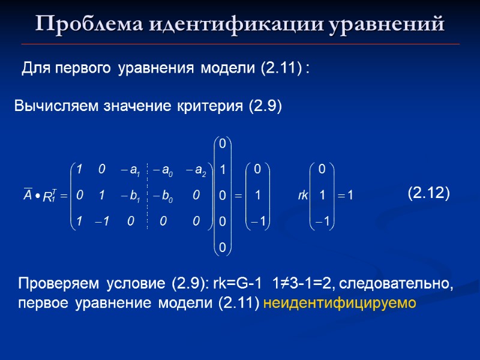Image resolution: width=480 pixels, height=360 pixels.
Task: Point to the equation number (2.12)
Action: pyautogui.click(x=428, y=193)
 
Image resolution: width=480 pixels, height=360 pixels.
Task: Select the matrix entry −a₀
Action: pyautogui.click(x=163, y=170)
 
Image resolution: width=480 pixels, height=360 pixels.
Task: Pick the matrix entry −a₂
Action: pyautogui.click(x=196, y=170)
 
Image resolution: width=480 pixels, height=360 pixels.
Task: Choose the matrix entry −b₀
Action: pyautogui.click(x=163, y=196)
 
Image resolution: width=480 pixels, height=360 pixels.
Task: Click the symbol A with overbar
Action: pyautogui.click(x=28, y=194)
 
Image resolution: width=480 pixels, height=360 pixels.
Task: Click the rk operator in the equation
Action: pyautogui.click(x=303, y=196)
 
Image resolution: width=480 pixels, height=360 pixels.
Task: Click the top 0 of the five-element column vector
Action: pyautogui.click(x=222, y=144)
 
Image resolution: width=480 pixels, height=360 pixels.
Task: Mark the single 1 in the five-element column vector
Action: pyautogui.click(x=222, y=170)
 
